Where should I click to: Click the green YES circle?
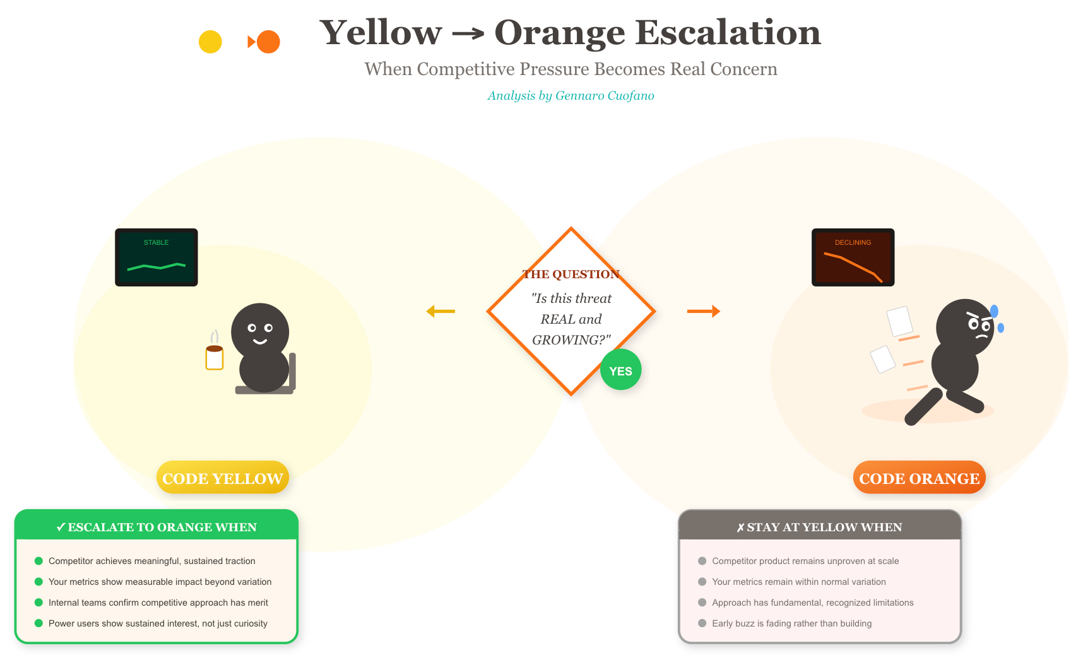tap(620, 370)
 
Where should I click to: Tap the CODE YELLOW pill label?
tap(222, 478)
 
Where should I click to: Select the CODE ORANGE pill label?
tap(919, 478)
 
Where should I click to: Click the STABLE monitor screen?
tap(157, 257)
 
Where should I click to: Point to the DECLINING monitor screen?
tap(853, 257)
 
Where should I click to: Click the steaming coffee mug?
tap(215, 356)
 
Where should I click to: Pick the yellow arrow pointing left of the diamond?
tap(441, 311)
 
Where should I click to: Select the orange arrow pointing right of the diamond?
tap(703, 311)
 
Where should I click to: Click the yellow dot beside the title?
tap(210, 42)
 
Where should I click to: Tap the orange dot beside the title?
tap(268, 42)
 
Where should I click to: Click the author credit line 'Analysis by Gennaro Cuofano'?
tap(571, 96)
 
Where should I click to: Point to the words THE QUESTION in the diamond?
tap(571, 274)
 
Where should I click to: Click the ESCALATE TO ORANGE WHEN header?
tap(157, 527)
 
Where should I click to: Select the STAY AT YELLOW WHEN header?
tap(819, 527)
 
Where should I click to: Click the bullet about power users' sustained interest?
tap(158, 623)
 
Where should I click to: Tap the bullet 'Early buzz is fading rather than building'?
tap(791, 623)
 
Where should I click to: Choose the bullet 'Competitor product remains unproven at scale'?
tap(805, 561)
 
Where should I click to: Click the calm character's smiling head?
tap(260, 331)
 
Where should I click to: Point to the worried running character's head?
tap(964, 327)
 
